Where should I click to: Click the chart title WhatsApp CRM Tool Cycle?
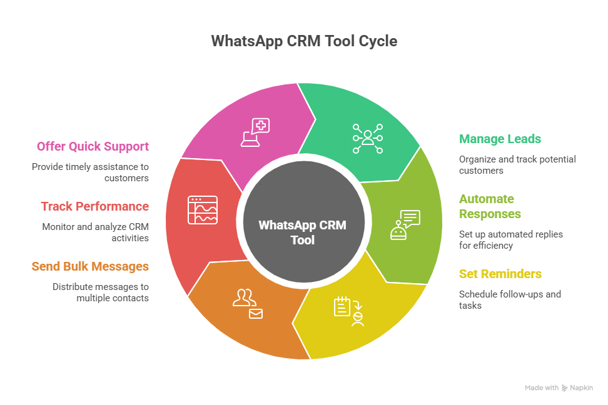303,41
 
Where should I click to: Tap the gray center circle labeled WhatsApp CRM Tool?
303,232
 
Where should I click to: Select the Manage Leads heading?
500,139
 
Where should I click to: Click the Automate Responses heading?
490,206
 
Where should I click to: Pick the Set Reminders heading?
500,274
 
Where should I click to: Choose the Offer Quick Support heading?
93,146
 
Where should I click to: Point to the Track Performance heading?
94,206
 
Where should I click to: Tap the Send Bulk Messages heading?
90,266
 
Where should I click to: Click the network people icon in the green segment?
367,138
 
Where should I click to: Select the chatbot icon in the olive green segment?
405,224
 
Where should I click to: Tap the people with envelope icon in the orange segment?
247,303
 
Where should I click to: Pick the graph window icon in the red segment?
203,210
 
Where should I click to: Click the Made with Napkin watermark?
559,387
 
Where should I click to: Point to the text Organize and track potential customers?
517,164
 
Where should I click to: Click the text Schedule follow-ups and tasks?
509,299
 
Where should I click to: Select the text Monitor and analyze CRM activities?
95,232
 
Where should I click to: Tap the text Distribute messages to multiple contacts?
100,292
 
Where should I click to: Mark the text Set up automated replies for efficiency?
510,239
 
